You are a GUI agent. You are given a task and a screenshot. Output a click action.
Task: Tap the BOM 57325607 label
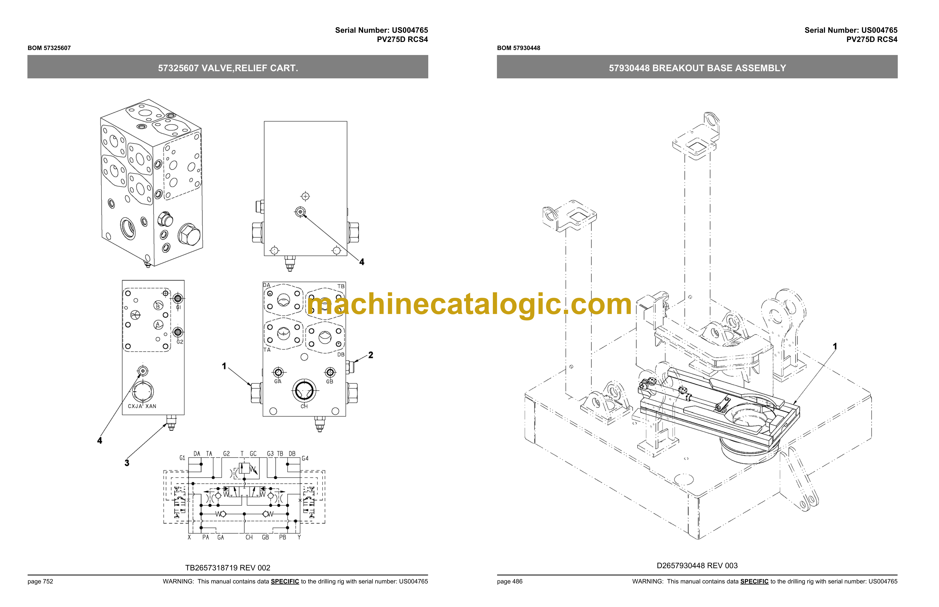tap(49, 48)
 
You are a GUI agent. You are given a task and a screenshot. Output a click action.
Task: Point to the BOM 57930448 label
tap(518, 48)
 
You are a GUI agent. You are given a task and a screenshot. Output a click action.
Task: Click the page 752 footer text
tap(40, 581)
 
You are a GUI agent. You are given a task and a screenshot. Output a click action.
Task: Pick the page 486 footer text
tap(510, 581)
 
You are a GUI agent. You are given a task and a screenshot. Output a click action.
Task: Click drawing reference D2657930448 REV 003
tap(697, 566)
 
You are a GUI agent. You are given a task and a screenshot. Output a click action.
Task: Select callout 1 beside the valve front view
tap(224, 366)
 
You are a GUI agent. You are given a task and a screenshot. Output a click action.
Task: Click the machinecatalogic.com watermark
tap(469, 305)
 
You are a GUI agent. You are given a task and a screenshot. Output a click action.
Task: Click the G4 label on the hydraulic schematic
tap(305, 458)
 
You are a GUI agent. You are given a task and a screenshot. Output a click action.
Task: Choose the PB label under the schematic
tap(282, 537)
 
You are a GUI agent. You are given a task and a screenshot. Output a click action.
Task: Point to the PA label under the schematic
tap(205, 537)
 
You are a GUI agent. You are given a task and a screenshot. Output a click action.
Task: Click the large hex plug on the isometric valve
tap(189, 235)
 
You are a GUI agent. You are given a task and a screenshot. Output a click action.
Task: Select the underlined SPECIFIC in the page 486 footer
tap(754, 581)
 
